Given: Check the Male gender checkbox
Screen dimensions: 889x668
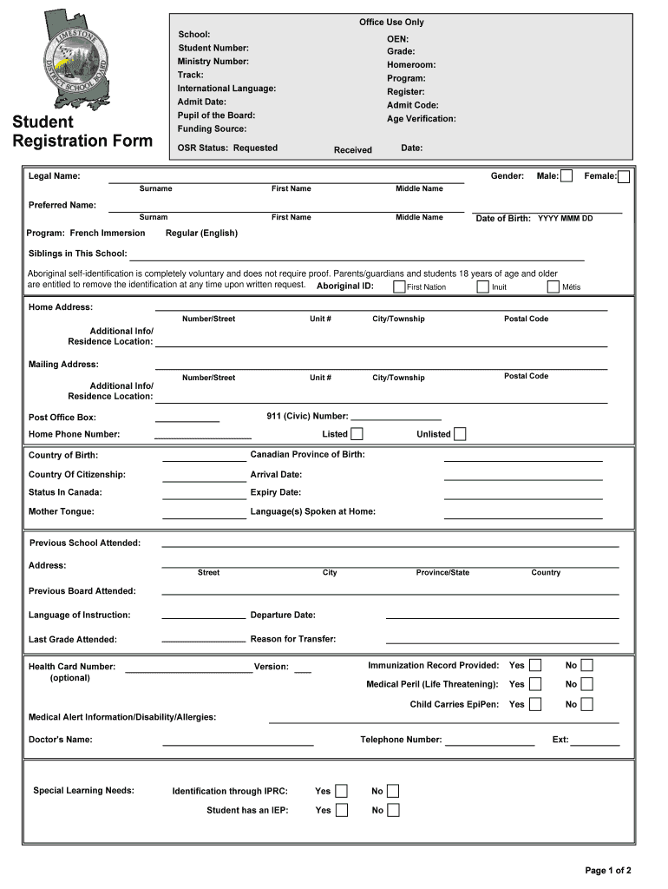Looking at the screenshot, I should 566,176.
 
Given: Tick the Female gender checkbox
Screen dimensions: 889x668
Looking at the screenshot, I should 624,177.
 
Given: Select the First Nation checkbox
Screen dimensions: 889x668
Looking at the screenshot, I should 399,286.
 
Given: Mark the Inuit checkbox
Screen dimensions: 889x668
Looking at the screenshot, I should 483,286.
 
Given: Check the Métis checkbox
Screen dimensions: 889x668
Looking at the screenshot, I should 553,286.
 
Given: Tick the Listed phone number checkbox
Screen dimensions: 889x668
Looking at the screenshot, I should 357,434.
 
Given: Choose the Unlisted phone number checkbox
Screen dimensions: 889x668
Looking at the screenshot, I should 460,434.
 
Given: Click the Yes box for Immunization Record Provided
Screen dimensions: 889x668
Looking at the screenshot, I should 535,666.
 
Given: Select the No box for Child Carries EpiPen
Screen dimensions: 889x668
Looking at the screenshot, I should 587,704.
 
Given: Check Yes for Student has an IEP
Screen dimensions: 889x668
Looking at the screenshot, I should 342,810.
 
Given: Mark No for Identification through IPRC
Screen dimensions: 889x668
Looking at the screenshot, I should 393,791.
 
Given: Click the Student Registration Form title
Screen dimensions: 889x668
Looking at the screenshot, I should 82,131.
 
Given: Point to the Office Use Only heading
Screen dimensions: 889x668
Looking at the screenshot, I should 391,23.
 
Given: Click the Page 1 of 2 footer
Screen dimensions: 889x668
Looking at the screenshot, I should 608,870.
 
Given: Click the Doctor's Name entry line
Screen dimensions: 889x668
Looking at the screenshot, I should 238,744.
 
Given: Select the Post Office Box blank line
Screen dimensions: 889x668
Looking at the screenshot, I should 187,420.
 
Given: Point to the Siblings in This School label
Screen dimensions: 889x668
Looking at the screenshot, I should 78,254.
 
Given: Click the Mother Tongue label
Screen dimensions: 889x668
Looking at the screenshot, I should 62,511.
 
